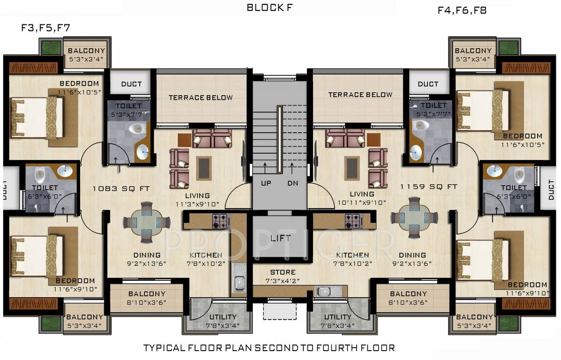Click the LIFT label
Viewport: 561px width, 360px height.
click(280, 238)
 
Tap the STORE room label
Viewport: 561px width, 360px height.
click(283, 272)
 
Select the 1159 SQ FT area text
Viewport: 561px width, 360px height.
click(428, 187)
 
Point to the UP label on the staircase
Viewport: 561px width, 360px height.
click(266, 183)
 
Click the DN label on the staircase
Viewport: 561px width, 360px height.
click(293, 183)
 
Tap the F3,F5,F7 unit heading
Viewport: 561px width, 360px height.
click(45, 28)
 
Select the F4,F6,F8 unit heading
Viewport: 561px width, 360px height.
click(462, 10)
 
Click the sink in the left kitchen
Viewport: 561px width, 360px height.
click(239, 283)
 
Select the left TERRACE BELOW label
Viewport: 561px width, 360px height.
click(201, 97)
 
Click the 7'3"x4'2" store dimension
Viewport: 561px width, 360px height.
click(283, 281)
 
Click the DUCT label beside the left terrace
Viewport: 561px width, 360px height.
click(131, 84)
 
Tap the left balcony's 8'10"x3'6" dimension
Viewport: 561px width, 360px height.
click(147, 302)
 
